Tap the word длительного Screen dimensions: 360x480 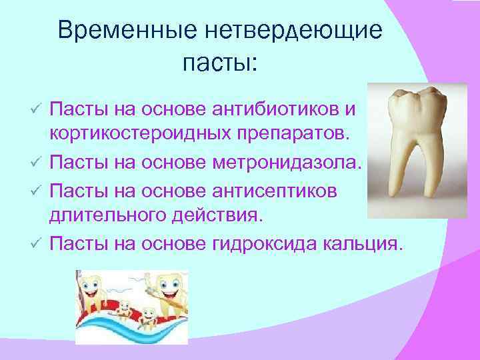(107, 216)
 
